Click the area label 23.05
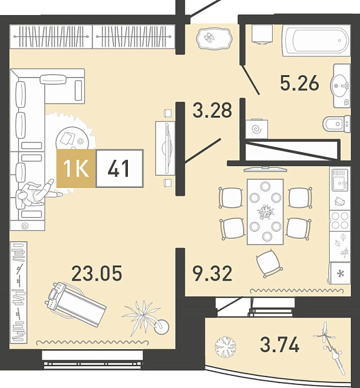click(97, 273)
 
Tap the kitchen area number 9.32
click(213, 273)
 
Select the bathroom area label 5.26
click(299, 83)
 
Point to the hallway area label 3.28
click(212, 110)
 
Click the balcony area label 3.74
click(279, 344)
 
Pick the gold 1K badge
click(76, 169)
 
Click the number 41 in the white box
click(118, 169)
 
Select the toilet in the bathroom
click(337, 124)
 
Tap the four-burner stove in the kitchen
click(340, 221)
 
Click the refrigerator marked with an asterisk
click(341, 273)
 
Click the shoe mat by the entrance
click(215, 38)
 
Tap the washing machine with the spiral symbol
click(256, 129)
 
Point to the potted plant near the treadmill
click(146, 318)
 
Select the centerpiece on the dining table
click(265, 212)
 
